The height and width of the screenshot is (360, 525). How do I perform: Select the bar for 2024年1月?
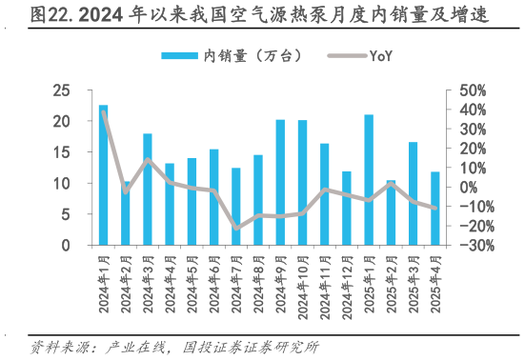pos(103,176)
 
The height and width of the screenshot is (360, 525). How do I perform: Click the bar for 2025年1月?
pos(369,181)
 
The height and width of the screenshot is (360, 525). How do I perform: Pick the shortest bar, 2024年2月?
pos(125,214)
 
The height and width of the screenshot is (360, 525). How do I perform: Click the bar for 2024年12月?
pos(346,209)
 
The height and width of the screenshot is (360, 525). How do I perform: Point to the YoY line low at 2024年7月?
pos(236,228)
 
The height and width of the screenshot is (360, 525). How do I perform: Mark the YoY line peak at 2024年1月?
pos(103,113)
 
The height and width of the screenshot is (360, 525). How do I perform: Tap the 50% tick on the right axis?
pos(473,90)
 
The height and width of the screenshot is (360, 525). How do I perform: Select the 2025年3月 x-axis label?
pos(412,275)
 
